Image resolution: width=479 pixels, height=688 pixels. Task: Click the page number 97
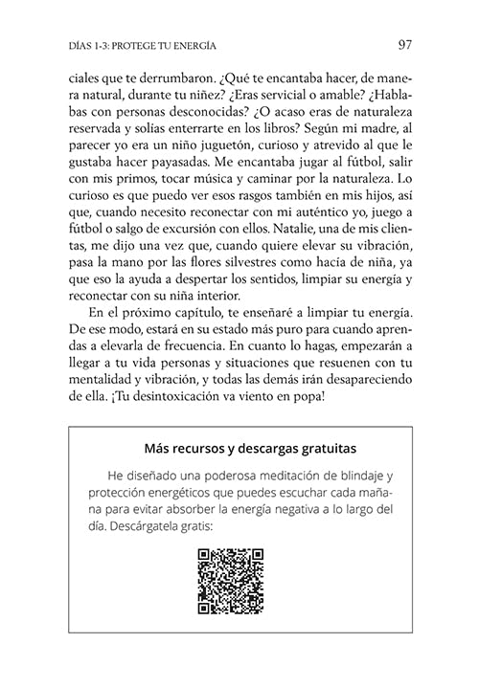click(x=404, y=44)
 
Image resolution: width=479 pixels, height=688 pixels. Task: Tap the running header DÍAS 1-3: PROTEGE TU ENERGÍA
click(x=136, y=45)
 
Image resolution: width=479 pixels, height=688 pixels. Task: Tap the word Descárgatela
click(x=143, y=526)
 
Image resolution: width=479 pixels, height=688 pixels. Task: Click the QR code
click(x=230, y=581)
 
